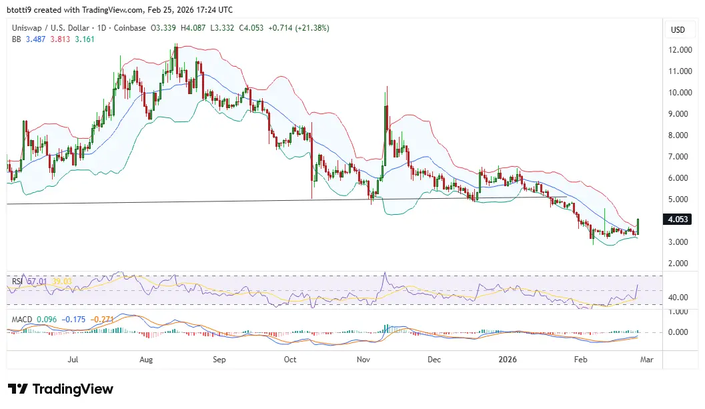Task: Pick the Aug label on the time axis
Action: [x=147, y=360]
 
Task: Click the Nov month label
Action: [x=364, y=360]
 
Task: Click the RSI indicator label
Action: [x=17, y=282]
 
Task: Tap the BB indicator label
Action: [x=16, y=39]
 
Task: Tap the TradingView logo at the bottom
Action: [x=61, y=389]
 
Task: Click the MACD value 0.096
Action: [x=47, y=319]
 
